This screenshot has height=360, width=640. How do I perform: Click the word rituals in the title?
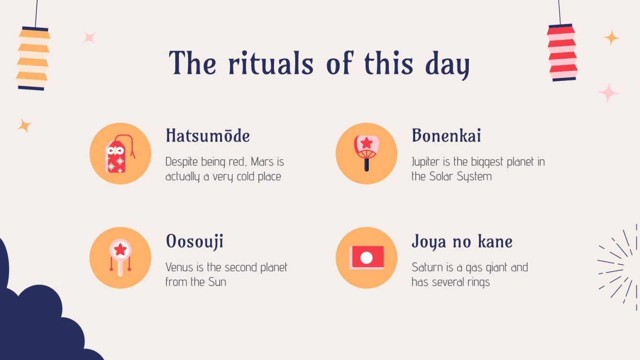271,63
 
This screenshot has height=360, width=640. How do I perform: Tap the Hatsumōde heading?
208,136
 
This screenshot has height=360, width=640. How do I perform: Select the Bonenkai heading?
446,136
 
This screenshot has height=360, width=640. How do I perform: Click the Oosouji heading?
194,241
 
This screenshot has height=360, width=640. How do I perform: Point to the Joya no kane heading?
462,241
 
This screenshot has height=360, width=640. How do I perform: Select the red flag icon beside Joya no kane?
366,257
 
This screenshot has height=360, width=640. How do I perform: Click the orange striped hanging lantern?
33,58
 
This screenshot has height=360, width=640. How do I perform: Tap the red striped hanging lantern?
562,53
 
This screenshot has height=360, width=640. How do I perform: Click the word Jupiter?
428,162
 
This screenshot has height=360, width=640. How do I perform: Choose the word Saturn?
427,267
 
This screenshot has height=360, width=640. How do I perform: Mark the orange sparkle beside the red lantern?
611,38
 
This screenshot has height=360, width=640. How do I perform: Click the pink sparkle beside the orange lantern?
89,38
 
